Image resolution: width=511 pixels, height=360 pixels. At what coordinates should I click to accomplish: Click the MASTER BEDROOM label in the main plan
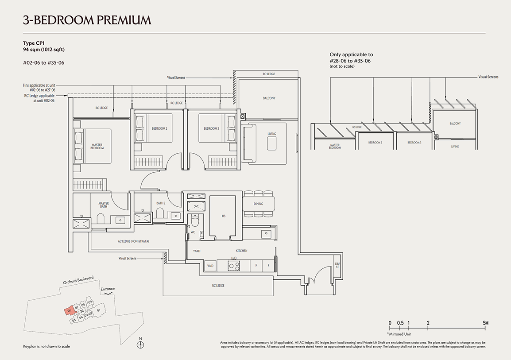click(x=97, y=146)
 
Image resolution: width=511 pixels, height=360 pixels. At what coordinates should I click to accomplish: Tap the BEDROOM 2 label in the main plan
click(x=159, y=128)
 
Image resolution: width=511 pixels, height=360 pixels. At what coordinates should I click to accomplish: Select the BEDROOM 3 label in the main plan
click(x=211, y=128)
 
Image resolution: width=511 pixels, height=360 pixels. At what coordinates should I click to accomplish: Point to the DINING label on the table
click(x=259, y=204)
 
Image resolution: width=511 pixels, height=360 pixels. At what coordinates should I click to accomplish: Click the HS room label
click(x=224, y=216)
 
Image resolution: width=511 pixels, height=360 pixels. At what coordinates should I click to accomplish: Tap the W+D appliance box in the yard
click(x=211, y=266)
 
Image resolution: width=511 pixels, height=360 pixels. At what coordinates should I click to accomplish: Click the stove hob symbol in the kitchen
click(x=233, y=266)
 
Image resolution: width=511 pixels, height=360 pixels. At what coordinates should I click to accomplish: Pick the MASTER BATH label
click(x=104, y=205)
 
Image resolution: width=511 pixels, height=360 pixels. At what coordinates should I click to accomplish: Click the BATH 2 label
click(x=160, y=203)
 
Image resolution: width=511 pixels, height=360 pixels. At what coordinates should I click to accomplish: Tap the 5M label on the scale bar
click(x=485, y=323)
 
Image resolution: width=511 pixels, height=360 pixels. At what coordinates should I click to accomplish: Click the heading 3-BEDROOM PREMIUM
click(x=87, y=19)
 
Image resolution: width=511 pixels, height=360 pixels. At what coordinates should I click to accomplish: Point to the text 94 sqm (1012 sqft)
click(x=44, y=50)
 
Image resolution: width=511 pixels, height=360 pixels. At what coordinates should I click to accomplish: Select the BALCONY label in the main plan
click(x=269, y=98)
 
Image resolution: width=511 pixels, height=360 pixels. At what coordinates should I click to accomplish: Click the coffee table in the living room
click(x=271, y=143)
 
